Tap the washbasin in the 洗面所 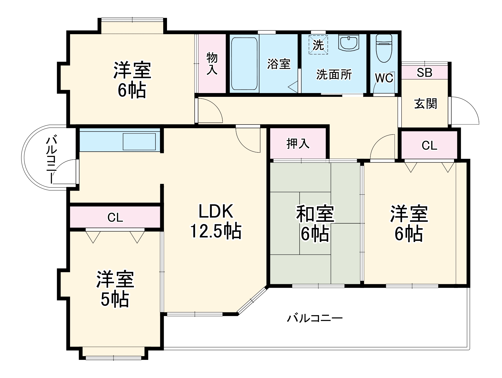click(x=349, y=43)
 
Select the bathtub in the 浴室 click(x=244, y=64)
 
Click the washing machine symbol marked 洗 click(x=318, y=45)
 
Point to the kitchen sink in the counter click(x=139, y=142)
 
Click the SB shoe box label click(x=424, y=72)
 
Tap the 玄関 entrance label click(x=425, y=104)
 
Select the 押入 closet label click(x=298, y=144)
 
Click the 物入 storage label click(x=212, y=64)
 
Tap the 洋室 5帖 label click(x=115, y=289)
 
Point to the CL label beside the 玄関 click(x=429, y=146)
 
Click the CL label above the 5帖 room click(x=115, y=218)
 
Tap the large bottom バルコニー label click(x=315, y=318)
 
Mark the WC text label click(x=384, y=78)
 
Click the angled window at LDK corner click(x=252, y=301)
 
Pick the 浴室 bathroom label click(x=279, y=64)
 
